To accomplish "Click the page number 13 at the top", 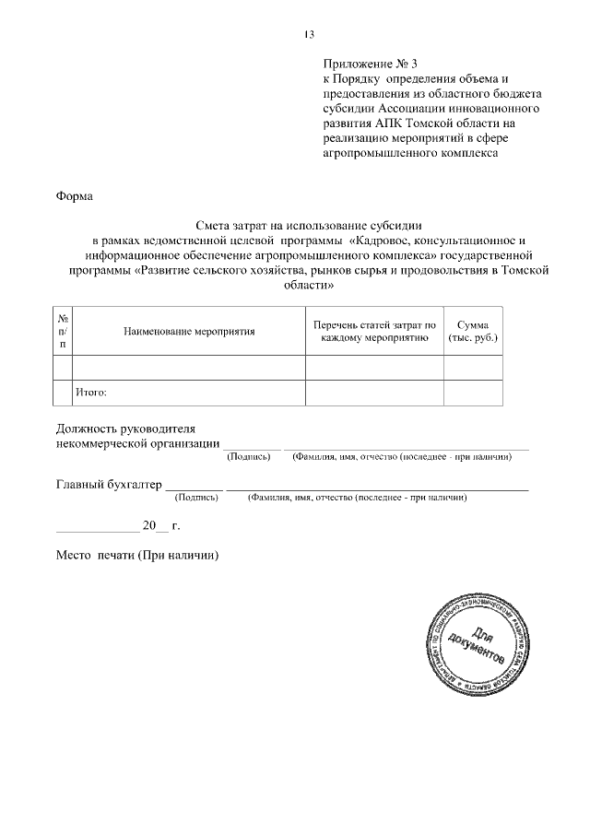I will (309, 35).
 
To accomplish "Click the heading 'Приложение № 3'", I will (370, 65).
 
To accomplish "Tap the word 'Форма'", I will (75, 196).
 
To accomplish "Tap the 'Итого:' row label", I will (91, 393).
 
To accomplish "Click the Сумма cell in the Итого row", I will (473, 393).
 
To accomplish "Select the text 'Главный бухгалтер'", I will (109, 484).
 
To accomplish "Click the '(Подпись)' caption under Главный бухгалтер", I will (196, 498).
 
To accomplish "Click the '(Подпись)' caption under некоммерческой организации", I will (248, 457).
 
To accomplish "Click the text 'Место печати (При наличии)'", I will (137, 558).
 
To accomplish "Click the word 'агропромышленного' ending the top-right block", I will (377, 153).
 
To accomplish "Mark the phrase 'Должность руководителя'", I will (125, 429).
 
